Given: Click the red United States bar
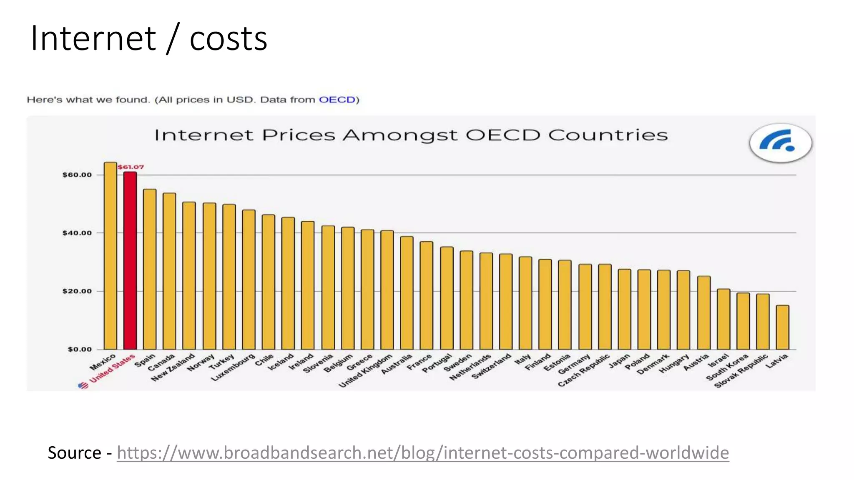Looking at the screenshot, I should click(x=130, y=260).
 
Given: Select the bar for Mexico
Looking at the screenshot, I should click(x=111, y=256).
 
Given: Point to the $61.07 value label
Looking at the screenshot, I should click(x=131, y=167).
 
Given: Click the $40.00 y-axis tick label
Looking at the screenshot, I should click(x=77, y=233).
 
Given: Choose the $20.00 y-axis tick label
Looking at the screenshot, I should click(x=77, y=291).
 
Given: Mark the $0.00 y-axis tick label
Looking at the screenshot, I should click(x=80, y=349).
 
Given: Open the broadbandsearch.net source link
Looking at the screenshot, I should click(x=422, y=452).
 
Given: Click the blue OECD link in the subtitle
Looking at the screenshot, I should click(x=337, y=100).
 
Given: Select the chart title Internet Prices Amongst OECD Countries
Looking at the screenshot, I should click(x=411, y=135).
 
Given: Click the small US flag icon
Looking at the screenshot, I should click(x=83, y=385).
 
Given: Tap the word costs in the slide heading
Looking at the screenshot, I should click(x=228, y=38).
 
